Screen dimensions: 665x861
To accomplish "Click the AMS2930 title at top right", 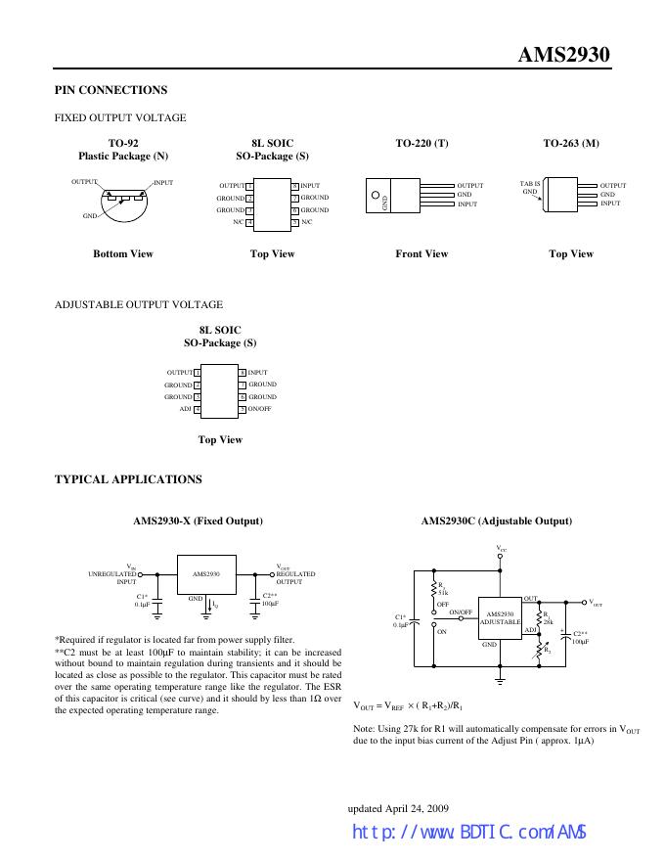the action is [x=563, y=55].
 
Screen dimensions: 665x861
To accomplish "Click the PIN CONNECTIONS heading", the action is [x=111, y=90].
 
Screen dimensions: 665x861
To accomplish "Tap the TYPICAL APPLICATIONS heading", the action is [x=128, y=479].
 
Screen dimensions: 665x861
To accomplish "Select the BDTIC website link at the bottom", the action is [x=469, y=832].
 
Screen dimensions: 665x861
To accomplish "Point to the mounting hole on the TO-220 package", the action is [x=376, y=195].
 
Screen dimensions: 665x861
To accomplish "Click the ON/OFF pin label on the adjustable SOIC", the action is [x=259, y=409].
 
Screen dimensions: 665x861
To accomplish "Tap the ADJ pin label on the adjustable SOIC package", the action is [x=186, y=409].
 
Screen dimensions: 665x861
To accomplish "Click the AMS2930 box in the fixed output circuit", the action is [x=207, y=574].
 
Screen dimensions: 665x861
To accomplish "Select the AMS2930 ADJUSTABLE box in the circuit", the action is [x=500, y=618].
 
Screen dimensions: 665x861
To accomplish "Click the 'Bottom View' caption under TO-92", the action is [x=123, y=253].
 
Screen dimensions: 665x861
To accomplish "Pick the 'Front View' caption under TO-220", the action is [x=421, y=253].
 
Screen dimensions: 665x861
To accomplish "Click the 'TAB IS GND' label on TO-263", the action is [x=530, y=187].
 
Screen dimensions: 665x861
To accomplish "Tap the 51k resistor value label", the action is [x=443, y=593].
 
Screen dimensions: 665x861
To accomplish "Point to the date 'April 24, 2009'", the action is [x=417, y=808].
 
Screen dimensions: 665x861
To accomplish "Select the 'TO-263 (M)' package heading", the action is [x=571, y=143].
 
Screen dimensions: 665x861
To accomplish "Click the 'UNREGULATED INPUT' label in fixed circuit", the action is [x=111, y=577].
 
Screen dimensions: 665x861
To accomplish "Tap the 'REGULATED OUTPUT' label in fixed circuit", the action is [x=295, y=577].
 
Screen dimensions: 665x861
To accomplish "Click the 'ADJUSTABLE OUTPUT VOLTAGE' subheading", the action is [x=139, y=304].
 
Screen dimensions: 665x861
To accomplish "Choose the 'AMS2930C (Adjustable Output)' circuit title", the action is [x=497, y=521].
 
